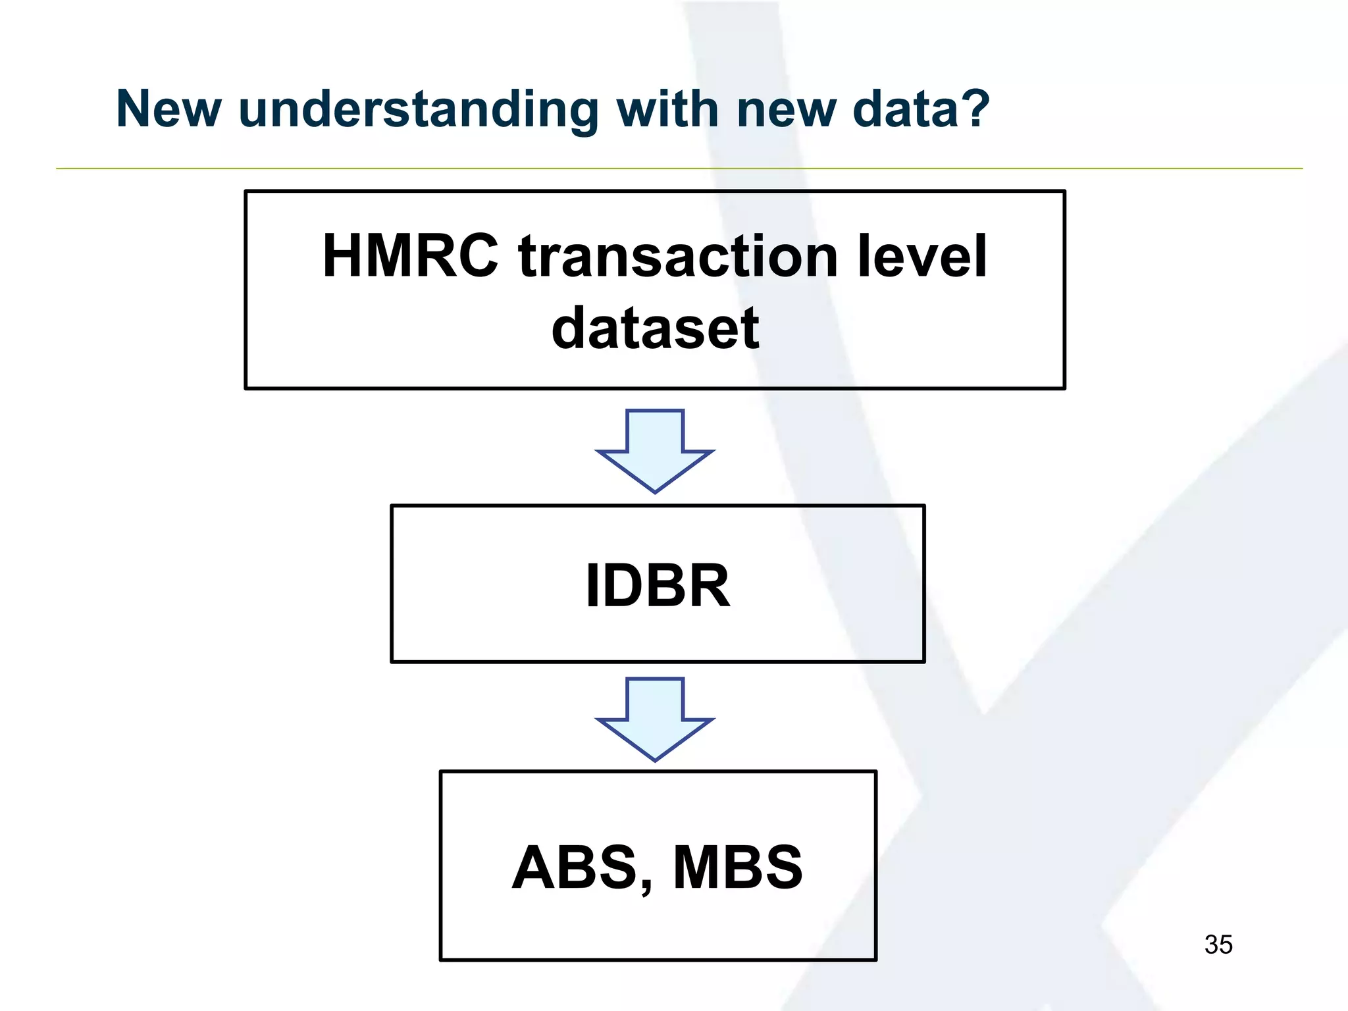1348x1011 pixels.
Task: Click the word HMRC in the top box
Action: coord(411,256)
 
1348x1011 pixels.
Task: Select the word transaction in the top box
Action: coord(678,257)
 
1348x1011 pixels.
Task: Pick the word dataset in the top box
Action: coord(655,328)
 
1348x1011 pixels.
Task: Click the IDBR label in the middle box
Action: coord(658,585)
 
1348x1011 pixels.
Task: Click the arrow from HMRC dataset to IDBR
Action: coord(655,452)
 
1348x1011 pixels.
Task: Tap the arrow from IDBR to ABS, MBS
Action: coord(655,719)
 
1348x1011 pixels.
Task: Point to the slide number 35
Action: coord(1218,945)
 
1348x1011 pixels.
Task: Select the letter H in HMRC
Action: coord(345,256)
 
